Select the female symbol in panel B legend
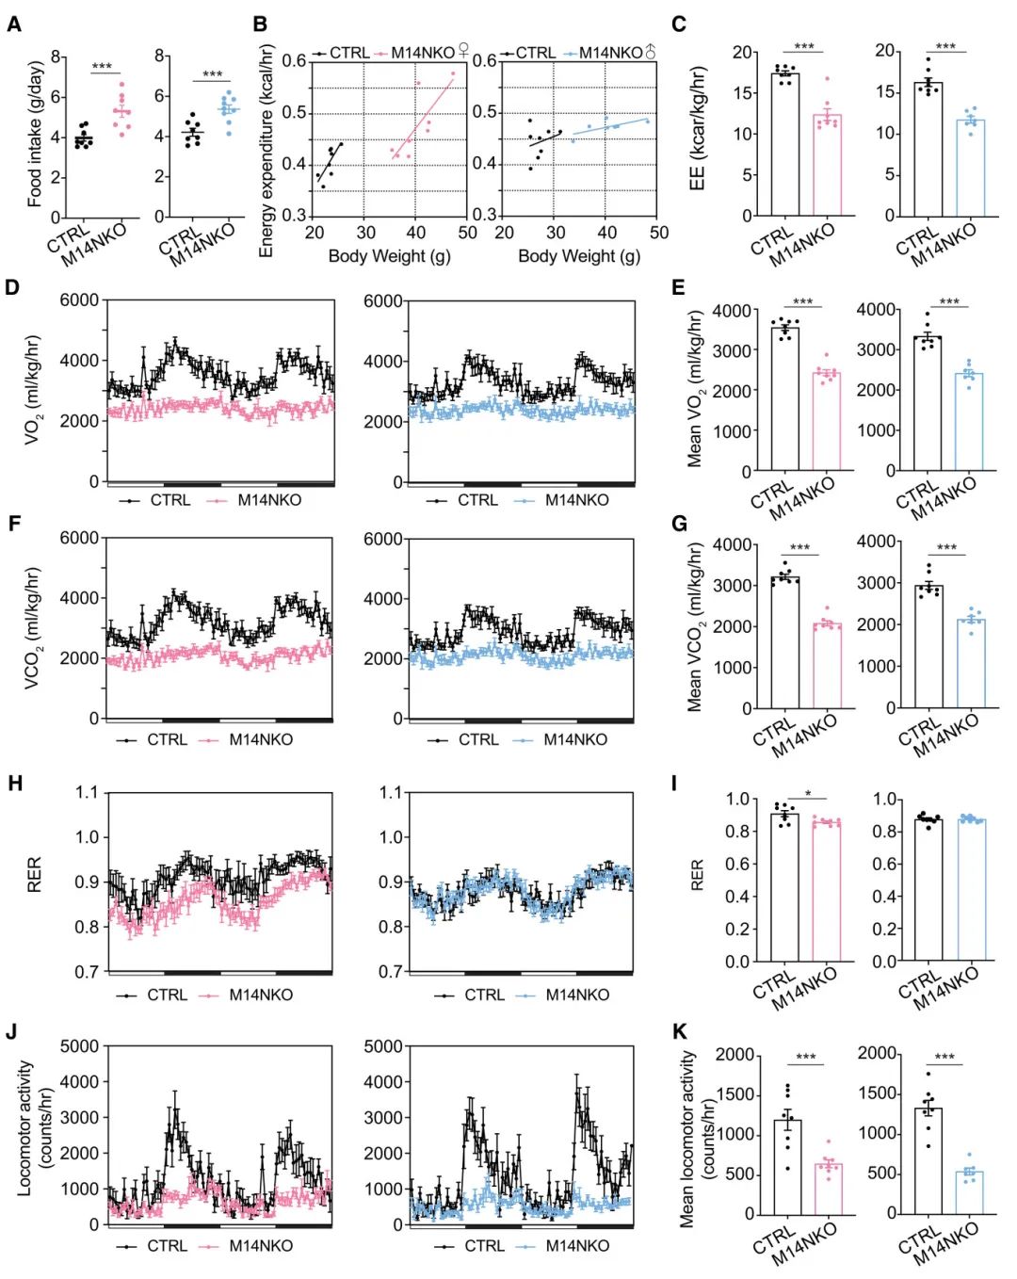click(x=463, y=51)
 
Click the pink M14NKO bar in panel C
click(x=827, y=165)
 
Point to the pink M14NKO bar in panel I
click(x=827, y=891)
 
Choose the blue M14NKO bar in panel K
click(x=969, y=1192)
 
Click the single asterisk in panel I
click(x=808, y=794)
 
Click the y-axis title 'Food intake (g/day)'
click(x=35, y=134)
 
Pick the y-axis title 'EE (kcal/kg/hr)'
click(x=698, y=128)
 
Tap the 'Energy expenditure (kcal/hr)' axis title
click(x=266, y=151)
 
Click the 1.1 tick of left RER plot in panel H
click(x=87, y=792)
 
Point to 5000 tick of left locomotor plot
click(x=80, y=1045)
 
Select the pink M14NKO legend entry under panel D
click(x=268, y=500)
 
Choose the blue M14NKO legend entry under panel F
click(x=574, y=739)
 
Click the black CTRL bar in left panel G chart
click(x=785, y=642)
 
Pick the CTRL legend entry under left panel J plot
click(x=166, y=1245)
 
